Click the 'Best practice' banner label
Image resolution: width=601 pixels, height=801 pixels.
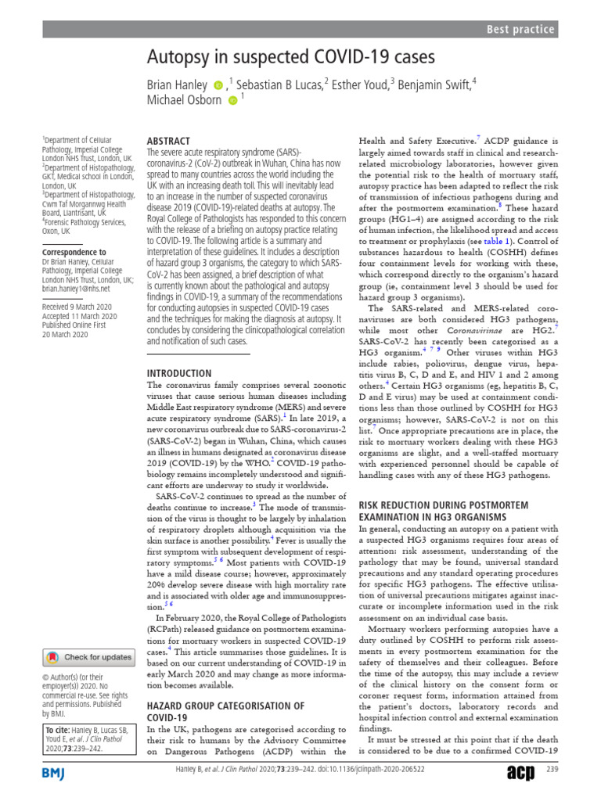coord(520,30)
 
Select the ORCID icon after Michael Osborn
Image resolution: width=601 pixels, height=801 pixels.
coord(232,101)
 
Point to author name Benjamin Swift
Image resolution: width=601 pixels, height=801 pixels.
coord(434,84)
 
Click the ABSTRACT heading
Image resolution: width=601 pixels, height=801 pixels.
coord(168,142)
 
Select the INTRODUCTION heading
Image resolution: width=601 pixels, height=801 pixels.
coord(179,373)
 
